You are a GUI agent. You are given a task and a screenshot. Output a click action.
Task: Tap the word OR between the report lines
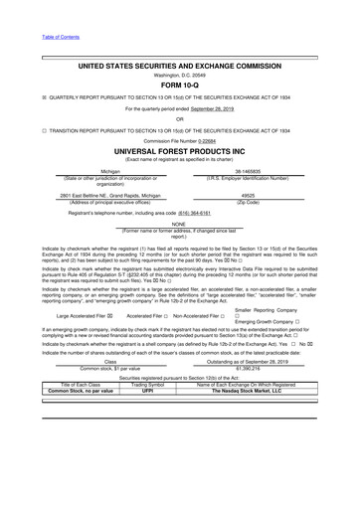(x=180, y=119)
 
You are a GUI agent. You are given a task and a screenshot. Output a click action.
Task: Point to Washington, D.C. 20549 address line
(x=180, y=74)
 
